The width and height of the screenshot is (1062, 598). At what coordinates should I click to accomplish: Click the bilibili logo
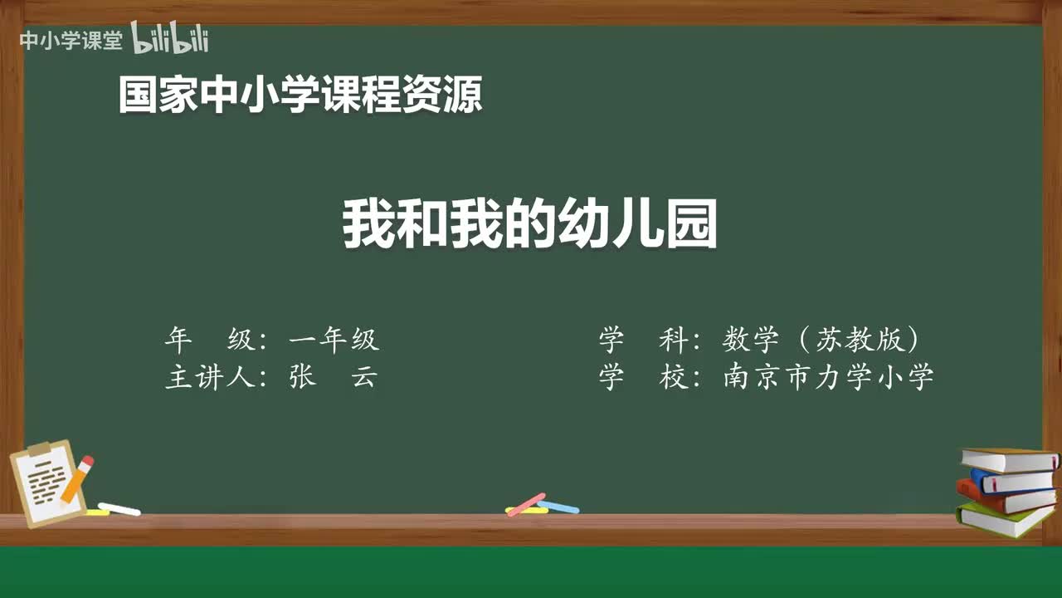pos(169,38)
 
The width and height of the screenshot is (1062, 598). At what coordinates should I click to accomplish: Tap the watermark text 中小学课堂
pos(71,40)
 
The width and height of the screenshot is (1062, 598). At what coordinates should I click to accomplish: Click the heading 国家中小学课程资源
pos(300,94)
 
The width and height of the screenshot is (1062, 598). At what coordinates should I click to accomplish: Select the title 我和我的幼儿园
pos(530,225)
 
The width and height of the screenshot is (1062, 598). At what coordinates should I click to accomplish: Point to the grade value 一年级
pos(334,339)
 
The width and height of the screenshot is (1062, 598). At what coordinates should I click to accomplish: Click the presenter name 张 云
pos(333,377)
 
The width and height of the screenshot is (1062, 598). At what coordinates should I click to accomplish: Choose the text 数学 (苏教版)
pos(821,339)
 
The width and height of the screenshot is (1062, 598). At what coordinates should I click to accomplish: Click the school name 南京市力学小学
pos(828,377)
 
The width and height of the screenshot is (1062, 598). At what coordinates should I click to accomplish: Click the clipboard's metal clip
pos(39,449)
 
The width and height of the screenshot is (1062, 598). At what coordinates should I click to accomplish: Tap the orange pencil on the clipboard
pos(76,479)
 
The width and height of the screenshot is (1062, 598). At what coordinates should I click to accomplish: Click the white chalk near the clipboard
pos(119,508)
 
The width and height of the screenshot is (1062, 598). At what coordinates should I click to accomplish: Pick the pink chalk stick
pos(526,503)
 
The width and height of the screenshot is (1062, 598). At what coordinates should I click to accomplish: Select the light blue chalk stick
pos(558,507)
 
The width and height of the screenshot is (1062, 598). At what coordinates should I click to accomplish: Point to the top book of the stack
pos(1008,459)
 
